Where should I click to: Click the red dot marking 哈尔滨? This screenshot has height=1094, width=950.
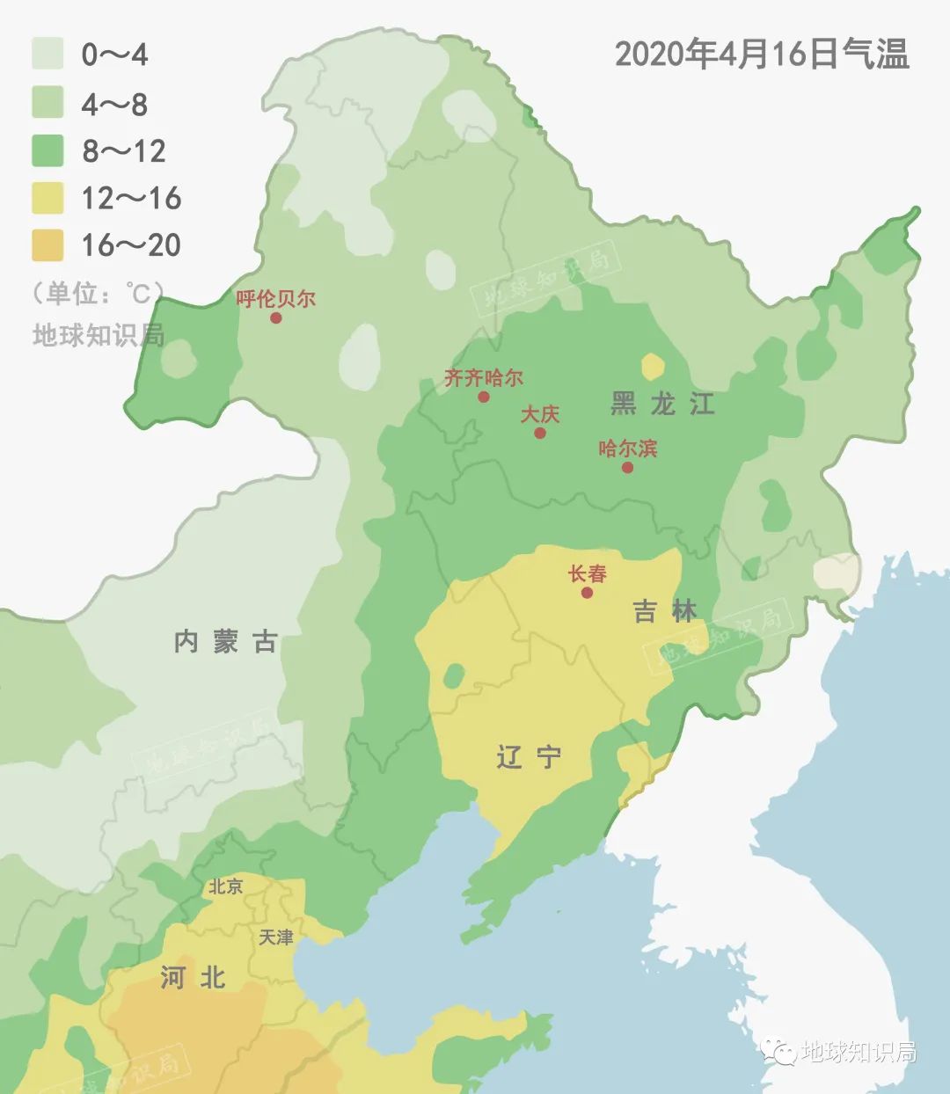[627, 467]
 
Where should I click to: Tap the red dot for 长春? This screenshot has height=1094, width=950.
[587, 593]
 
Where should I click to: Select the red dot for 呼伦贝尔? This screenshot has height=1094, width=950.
[275, 317]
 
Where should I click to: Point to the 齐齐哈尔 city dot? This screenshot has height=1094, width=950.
[483, 397]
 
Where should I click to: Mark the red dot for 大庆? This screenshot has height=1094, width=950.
[540, 433]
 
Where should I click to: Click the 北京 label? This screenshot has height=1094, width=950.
[225, 886]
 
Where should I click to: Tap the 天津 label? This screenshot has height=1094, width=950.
[276, 937]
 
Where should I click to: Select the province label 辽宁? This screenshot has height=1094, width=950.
[529, 756]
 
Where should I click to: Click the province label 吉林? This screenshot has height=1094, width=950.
[665, 610]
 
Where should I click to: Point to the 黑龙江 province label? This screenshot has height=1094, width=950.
[662, 404]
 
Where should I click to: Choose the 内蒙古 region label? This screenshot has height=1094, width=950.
[226, 642]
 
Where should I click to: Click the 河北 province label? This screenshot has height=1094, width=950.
[193, 977]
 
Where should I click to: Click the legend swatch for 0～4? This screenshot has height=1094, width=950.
[48, 54]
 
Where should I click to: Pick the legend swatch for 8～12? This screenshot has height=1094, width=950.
[48, 150]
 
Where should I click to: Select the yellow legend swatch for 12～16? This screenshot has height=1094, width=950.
[48, 198]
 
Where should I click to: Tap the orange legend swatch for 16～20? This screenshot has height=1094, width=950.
[48, 245]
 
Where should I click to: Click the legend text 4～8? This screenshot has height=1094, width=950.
[114, 105]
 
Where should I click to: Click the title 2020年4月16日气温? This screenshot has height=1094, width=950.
[761, 55]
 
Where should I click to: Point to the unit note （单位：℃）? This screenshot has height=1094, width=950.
[98, 293]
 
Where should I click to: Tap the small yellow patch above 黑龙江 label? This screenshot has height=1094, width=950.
[653, 366]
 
